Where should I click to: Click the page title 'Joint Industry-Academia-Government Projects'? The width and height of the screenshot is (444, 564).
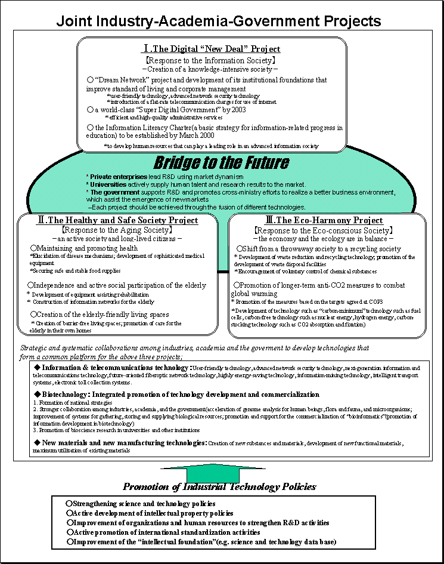(x=219, y=21)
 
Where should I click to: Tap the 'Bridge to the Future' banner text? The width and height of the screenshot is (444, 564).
(x=222, y=162)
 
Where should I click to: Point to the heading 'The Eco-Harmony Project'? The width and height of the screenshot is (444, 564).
(x=331, y=220)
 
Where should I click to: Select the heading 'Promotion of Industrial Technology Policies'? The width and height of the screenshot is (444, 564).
(x=219, y=486)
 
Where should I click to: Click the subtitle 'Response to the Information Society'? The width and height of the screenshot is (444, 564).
(x=211, y=60)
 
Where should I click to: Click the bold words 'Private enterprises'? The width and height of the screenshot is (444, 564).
(x=116, y=177)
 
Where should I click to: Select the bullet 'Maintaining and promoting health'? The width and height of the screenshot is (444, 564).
(x=87, y=248)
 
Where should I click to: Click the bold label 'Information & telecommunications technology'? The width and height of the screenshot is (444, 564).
(x=114, y=368)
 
